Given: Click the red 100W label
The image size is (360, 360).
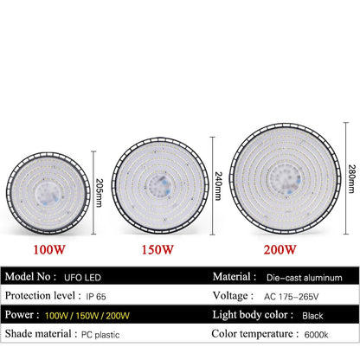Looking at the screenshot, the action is click(x=49, y=250).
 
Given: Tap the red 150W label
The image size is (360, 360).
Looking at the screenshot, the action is click(x=157, y=250).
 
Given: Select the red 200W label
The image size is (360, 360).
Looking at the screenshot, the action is click(x=280, y=250).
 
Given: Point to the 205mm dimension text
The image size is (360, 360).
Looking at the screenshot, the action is click(x=99, y=193).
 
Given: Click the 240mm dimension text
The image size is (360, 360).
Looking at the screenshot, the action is click(x=218, y=186).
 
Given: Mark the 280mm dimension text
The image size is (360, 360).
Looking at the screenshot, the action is click(x=351, y=179).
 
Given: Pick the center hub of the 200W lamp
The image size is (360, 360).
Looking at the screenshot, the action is click(x=284, y=178).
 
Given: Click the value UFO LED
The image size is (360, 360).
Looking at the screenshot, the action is click(x=82, y=278).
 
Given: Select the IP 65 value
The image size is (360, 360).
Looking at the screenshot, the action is click(x=96, y=297).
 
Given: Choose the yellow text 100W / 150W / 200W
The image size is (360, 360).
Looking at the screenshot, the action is click(x=87, y=316).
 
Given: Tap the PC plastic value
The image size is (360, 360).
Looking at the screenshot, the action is click(x=100, y=335).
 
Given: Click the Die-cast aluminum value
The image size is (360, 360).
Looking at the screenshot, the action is click(x=305, y=278).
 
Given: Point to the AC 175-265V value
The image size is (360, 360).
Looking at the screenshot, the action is click(x=292, y=297).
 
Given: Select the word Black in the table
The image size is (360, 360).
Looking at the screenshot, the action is click(x=312, y=316).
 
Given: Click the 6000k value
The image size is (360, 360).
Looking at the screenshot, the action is click(x=316, y=335).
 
